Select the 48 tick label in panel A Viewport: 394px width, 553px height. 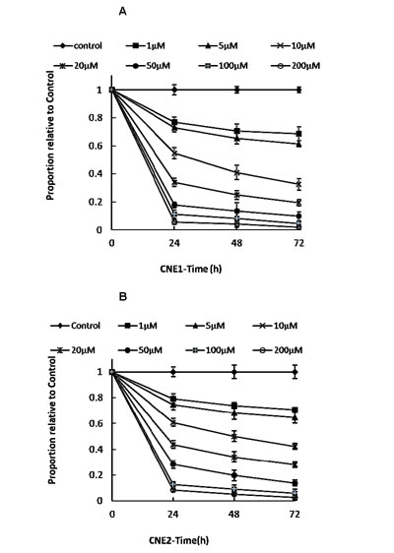pos(235,241)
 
